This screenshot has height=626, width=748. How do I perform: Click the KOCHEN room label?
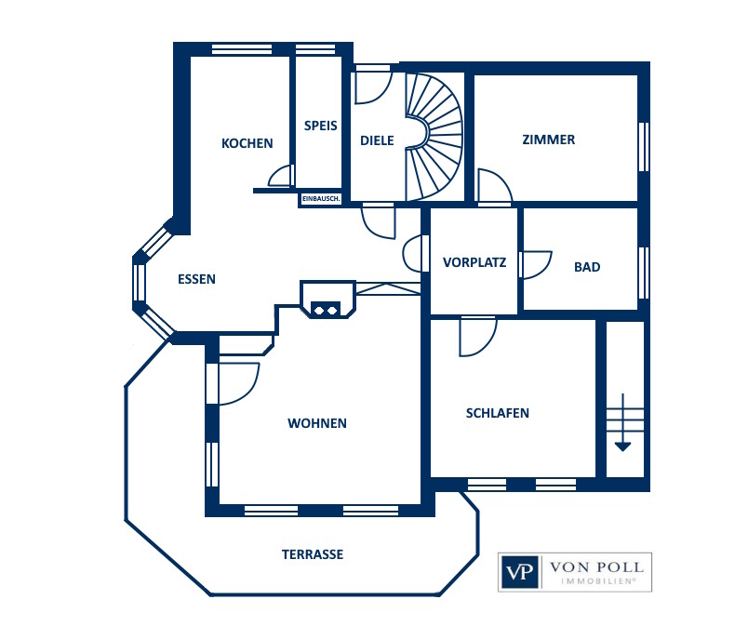[x=247, y=143]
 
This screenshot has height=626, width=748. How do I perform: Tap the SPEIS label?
[x=321, y=126]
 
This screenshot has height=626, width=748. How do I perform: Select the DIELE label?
[x=377, y=140]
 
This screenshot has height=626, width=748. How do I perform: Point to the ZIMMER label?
[x=549, y=140]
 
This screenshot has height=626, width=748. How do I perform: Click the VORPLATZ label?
[x=474, y=262]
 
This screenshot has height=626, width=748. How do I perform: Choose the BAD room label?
[x=587, y=267]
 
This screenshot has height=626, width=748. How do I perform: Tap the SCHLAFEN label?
[x=498, y=413]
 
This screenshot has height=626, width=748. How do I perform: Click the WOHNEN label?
[x=317, y=423]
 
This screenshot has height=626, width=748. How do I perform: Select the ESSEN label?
[x=196, y=279]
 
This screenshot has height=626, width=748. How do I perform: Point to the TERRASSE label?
[x=313, y=554]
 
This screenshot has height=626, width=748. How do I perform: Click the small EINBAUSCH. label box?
[x=321, y=199]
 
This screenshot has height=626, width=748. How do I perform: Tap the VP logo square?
[x=520, y=572]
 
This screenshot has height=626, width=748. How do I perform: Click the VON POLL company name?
[x=596, y=567]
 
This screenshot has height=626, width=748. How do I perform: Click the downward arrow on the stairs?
[x=622, y=422]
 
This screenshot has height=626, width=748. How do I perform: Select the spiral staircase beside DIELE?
[x=434, y=137]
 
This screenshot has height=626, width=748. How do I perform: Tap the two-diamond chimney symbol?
[x=326, y=311]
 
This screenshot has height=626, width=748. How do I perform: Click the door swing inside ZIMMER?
[x=496, y=186]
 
